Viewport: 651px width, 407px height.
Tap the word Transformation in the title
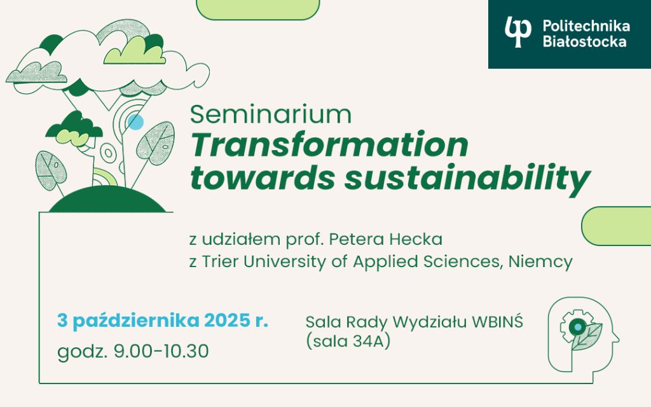(329, 146)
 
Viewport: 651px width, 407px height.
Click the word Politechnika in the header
(586, 26)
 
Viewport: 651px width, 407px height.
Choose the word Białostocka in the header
(584, 42)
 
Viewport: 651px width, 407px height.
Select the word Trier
(217, 261)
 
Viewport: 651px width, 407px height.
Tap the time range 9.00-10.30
(160, 351)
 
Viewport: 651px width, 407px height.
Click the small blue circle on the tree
(135, 122)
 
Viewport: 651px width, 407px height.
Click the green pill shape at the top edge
(257, 9)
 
